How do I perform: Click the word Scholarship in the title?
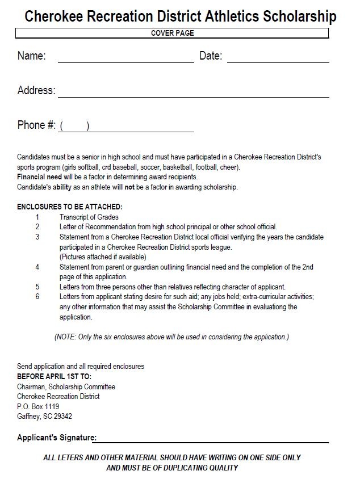[299, 16]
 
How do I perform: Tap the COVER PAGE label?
[172, 33]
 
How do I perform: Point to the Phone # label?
[36, 125]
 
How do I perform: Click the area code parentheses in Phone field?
[74, 127]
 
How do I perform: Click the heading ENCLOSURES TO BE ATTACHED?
[70, 207]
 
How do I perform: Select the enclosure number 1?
[37, 217]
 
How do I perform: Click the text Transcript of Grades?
[89, 217]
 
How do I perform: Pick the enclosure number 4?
[37, 267]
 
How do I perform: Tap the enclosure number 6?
[37, 297]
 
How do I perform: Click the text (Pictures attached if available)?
[103, 257]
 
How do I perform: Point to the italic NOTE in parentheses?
[171, 337]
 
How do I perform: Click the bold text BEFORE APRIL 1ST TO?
[54, 376]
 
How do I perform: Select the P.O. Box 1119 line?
[38, 406]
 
